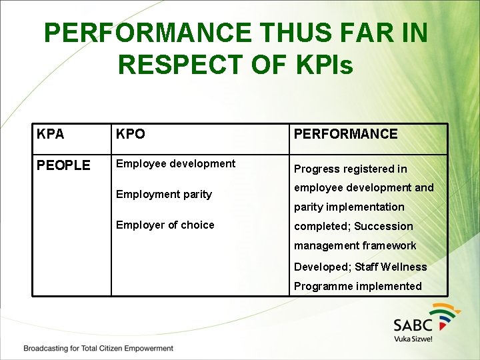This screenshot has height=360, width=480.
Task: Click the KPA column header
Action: pos(51,134)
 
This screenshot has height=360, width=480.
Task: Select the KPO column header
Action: pos(131,134)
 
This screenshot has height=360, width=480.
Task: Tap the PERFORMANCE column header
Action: pos(345,134)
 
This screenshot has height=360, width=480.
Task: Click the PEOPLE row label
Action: pos(63,165)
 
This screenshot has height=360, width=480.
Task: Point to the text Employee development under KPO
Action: pos(175,164)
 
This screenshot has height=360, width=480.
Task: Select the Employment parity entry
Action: pos(163,195)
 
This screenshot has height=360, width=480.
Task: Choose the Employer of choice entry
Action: pos(165,225)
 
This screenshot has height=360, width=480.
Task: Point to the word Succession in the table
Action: pos(383,227)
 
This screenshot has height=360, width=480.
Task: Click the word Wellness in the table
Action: pos(403,267)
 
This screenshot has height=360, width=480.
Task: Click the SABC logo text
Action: pos(413,325)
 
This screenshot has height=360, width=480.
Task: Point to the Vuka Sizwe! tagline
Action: pos(413,339)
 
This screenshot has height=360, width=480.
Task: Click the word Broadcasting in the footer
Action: pos(48,349)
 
